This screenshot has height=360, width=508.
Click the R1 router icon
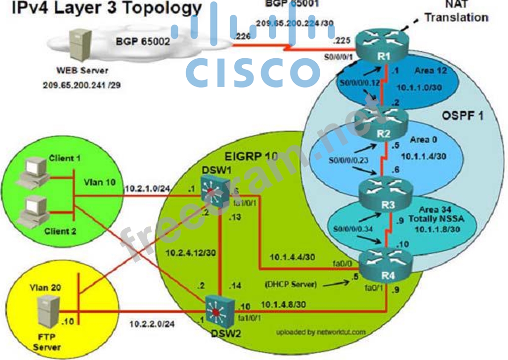(x=384, y=47)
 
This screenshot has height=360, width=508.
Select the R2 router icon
(x=384, y=120)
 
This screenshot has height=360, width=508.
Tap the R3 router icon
(x=384, y=192)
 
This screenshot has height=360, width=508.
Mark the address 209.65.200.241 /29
(x=82, y=84)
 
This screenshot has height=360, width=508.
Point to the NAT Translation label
(x=456, y=12)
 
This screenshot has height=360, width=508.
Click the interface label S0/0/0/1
(x=339, y=58)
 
